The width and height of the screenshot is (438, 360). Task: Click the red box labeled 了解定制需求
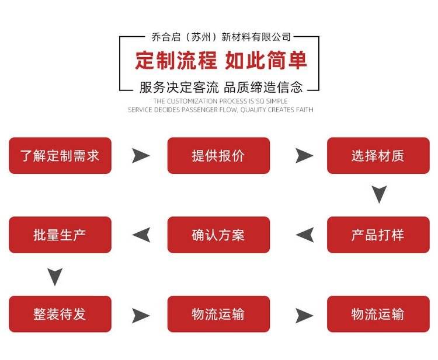click(60, 156)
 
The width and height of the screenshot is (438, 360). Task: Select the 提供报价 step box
click(218, 156)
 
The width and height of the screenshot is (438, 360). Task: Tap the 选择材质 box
click(378, 156)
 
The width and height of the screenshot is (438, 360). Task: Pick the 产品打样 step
click(378, 235)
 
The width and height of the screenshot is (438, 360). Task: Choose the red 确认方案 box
click(218, 235)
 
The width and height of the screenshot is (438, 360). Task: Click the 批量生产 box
click(60, 235)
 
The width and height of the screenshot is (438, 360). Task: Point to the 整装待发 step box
click(60, 314)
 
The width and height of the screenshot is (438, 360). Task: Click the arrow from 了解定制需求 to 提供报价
click(140, 156)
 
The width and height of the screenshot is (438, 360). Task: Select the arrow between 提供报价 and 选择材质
click(304, 156)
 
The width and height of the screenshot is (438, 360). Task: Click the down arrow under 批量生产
click(55, 276)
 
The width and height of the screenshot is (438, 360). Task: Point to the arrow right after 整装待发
click(140, 315)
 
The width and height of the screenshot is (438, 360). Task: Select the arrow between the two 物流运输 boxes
click(304, 315)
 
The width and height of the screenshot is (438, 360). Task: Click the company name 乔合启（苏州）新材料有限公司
click(221, 37)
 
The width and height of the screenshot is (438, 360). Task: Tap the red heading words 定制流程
click(176, 61)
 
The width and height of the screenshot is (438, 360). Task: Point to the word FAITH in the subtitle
click(304, 110)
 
